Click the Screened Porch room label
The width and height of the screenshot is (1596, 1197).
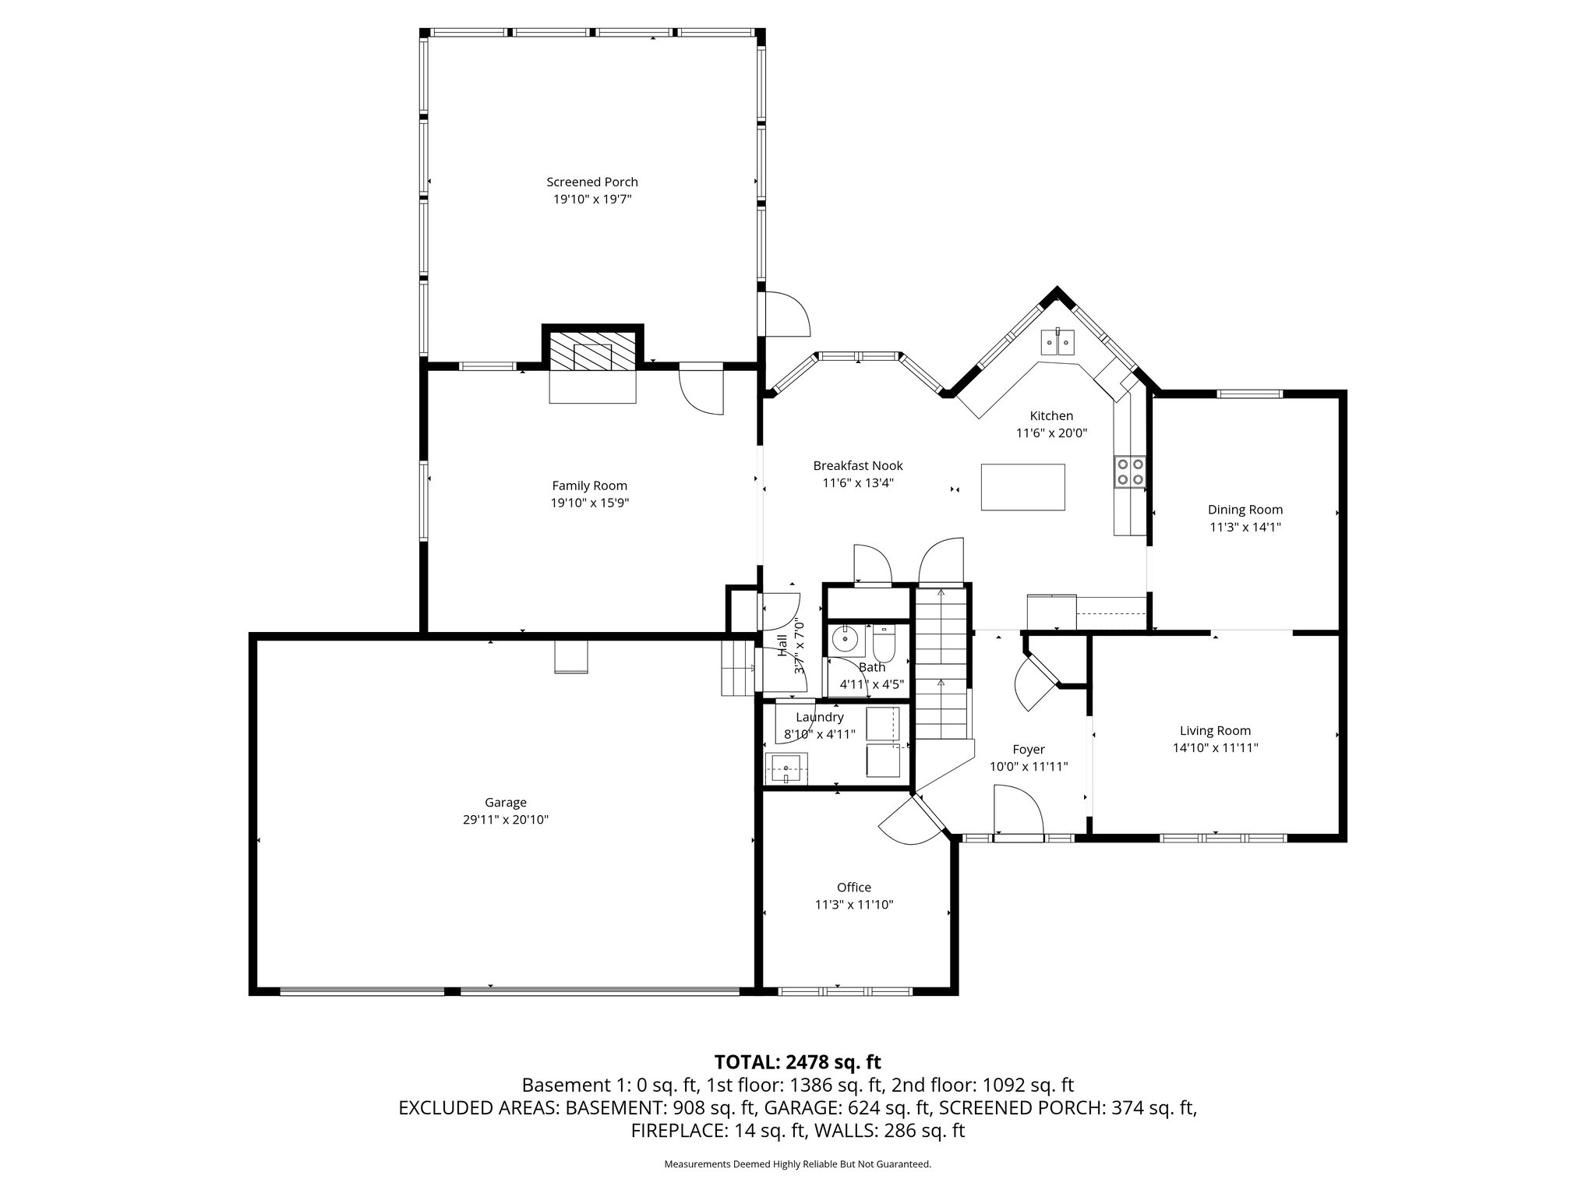click(x=591, y=182)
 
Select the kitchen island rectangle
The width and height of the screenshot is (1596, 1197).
click(x=1022, y=487)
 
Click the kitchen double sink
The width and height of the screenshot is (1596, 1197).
click(x=1058, y=342)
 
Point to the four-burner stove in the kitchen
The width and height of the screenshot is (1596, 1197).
click(x=1130, y=471)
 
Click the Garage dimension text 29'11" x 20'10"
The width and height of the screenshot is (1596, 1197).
click(x=505, y=819)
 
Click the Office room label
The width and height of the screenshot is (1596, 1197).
click(x=853, y=887)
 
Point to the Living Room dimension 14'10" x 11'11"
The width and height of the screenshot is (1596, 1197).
click(x=1215, y=747)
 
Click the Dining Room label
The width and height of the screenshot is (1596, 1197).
click(x=1245, y=510)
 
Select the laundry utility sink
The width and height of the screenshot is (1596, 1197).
click(x=786, y=768)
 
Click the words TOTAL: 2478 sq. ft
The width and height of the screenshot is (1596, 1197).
click(x=797, y=1061)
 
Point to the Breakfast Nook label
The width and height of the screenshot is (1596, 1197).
click(x=857, y=465)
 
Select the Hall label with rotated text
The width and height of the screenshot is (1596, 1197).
click(x=782, y=645)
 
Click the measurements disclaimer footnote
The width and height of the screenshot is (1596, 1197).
click(x=797, y=1164)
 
